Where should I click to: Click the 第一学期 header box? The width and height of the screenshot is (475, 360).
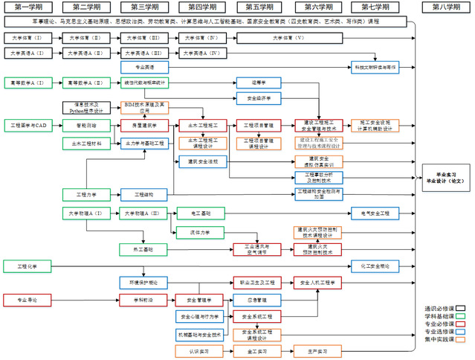[29, 7]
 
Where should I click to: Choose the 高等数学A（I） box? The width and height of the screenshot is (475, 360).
[28, 83]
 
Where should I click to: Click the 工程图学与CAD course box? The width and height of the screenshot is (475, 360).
[29, 125]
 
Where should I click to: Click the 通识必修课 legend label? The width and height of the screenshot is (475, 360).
[439, 306]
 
